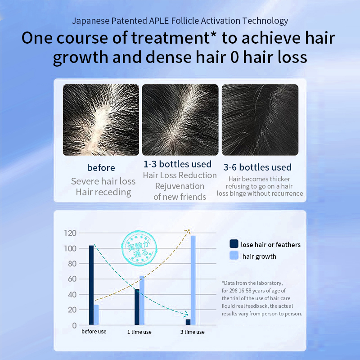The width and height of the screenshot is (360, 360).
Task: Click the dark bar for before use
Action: (x=91, y=285)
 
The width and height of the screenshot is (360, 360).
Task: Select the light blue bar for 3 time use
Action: (x=193, y=280)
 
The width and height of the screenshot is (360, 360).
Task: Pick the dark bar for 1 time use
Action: (x=137, y=307)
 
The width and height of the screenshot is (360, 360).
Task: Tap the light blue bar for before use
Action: (x=96, y=315)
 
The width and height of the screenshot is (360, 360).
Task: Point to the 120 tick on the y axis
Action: (x=70, y=233)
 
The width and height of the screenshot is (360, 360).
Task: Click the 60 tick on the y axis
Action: (x=72, y=279)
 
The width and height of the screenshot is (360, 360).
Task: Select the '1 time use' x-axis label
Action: (x=139, y=332)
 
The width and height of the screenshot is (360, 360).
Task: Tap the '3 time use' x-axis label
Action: (x=193, y=332)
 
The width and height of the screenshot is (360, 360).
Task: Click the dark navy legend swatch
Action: (x=234, y=244)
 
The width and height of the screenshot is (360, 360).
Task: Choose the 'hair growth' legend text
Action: (x=259, y=256)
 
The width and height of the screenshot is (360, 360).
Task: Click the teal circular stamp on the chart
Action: (x=139, y=248)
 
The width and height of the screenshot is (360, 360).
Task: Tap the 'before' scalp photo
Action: (x=101, y=120)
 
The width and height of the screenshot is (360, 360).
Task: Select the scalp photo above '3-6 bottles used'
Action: (x=260, y=120)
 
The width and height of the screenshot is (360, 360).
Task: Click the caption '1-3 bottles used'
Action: (x=177, y=164)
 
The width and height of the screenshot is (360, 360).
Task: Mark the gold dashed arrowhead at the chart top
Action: (x=188, y=231)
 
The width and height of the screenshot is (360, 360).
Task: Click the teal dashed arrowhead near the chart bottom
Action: (x=185, y=314)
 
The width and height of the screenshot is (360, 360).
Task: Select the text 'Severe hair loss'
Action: (x=103, y=181)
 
